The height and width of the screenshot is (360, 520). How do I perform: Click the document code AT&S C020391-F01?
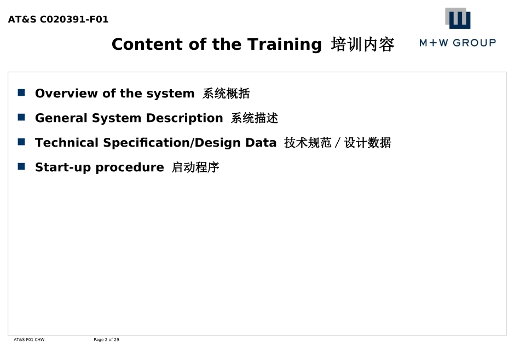pyautogui.click(x=58, y=19)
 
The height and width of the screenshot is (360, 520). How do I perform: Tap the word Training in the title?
pyautogui.click(x=285, y=45)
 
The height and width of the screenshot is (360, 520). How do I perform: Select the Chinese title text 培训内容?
pyautogui.click(x=363, y=44)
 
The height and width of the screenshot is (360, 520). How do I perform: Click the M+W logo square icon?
pyautogui.click(x=458, y=18)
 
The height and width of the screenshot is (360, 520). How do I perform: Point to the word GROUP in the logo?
pyautogui.click(x=474, y=43)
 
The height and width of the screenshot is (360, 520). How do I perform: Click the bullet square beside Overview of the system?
pyautogui.click(x=21, y=92)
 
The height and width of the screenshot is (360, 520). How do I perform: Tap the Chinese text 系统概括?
pyautogui.click(x=226, y=94)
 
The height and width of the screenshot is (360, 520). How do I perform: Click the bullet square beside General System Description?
pyautogui.click(x=21, y=117)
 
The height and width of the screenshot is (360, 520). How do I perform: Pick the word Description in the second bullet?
pyautogui.click(x=184, y=118)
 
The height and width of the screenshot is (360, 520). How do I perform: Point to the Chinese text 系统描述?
pyautogui.click(x=255, y=118)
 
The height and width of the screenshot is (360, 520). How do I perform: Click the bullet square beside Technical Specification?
pyautogui.click(x=21, y=142)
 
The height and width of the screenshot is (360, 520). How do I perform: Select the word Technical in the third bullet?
pyautogui.click(x=67, y=143)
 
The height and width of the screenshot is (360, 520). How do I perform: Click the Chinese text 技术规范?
pyautogui.click(x=308, y=143)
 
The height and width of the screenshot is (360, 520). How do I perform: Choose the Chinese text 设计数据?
pyautogui.click(x=368, y=143)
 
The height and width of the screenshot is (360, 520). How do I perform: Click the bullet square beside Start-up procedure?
pyautogui.click(x=21, y=166)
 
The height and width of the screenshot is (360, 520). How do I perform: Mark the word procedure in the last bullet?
pyautogui.click(x=130, y=168)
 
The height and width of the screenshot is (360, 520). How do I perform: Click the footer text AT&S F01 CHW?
pyautogui.click(x=29, y=339)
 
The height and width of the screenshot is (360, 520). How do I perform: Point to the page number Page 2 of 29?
pyautogui.click(x=106, y=339)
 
